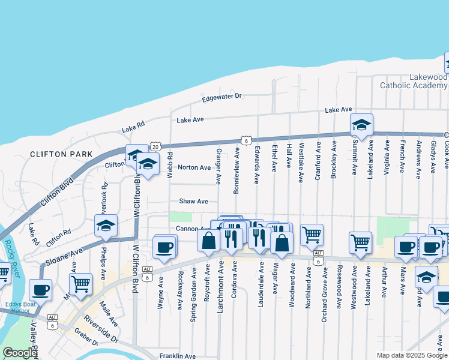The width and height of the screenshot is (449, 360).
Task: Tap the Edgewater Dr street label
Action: pyautogui.click(x=221, y=96)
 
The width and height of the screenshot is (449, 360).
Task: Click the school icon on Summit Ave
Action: pyautogui.click(x=361, y=124)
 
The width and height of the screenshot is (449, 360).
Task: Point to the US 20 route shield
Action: pyautogui.click(x=156, y=146)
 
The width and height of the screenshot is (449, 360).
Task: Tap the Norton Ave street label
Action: pyautogui.click(x=194, y=167)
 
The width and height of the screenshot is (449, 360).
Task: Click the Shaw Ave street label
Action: pyautogui.click(x=193, y=202)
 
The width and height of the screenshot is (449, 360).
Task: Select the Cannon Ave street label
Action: pyautogui.click(x=192, y=229)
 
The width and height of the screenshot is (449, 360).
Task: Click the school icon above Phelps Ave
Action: pyautogui.click(x=106, y=226)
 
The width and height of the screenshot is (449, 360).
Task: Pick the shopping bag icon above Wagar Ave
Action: pyautogui.click(x=282, y=242)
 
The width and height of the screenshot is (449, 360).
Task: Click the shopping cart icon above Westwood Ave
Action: pyautogui.click(x=360, y=242)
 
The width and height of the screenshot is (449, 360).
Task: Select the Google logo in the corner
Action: pyautogui.click(x=19, y=353)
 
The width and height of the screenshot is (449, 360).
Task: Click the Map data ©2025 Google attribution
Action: pyautogui.click(x=411, y=355)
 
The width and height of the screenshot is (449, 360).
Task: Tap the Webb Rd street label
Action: pyautogui.click(x=170, y=164)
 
